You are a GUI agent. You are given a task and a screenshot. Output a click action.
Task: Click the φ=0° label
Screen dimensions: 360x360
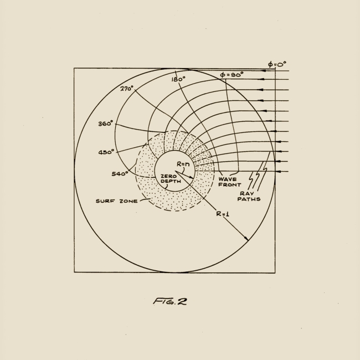pos(277,64)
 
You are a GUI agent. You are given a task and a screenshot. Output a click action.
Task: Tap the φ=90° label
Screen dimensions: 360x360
pos(232,74)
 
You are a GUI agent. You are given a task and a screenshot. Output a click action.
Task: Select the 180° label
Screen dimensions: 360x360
pos(178,79)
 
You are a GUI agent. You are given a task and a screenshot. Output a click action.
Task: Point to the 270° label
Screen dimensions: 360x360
pos(127,88)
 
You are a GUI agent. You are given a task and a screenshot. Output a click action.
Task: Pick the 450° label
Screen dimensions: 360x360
pos(106,152)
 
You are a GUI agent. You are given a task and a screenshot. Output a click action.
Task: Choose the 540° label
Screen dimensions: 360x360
pos(119,173)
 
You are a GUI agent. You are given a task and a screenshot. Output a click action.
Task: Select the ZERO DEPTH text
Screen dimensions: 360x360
pos(168,178)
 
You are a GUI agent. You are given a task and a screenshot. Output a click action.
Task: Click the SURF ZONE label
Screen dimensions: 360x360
pos(115,201)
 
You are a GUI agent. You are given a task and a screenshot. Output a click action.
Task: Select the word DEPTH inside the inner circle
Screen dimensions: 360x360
pos(169,181)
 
